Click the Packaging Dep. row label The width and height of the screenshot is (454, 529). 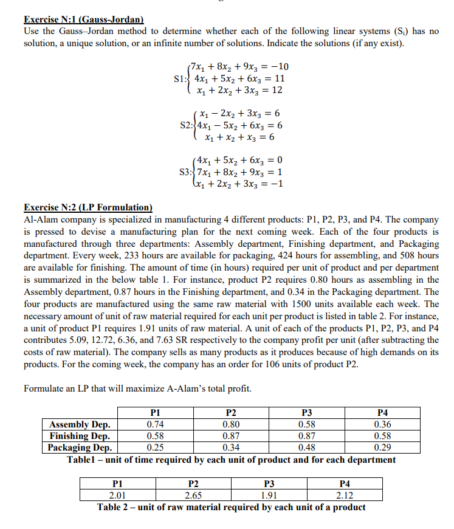pyautogui.click(x=79, y=448)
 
